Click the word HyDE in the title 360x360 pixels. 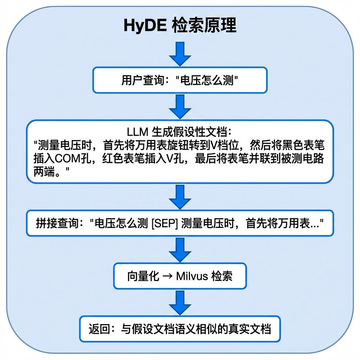pyautogui.click(x=145, y=25)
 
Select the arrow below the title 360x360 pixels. pyautogui.click(x=180, y=54)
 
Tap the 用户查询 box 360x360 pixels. pyautogui.click(x=180, y=80)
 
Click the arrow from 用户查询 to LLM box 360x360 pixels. pyautogui.click(x=180, y=107)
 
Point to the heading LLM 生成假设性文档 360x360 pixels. pyautogui.click(x=179, y=132)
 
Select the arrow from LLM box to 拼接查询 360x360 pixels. pyautogui.click(x=180, y=197)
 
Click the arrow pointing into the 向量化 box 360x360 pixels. pyautogui.click(x=180, y=250)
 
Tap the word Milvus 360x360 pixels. pyautogui.click(x=192, y=276)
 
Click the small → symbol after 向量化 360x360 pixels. pyautogui.click(x=167, y=276)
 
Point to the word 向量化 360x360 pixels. pyautogui.click(x=143, y=276)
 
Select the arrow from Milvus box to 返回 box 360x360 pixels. pyautogui.click(x=180, y=303)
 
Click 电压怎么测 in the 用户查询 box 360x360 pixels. pyautogui.click(x=207, y=81)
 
